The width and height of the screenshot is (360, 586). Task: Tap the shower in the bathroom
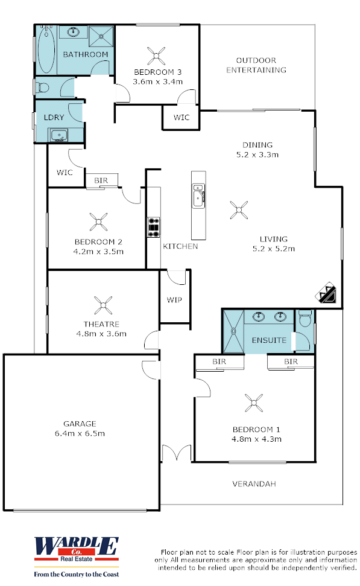(x=101, y=37)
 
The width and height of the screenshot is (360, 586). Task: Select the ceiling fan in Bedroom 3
(x=156, y=56)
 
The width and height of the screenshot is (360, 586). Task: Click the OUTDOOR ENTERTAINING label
(x=256, y=65)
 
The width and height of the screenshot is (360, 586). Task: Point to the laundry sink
(x=58, y=135)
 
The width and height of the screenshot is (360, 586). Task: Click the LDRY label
(x=54, y=117)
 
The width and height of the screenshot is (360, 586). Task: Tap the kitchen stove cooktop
(x=154, y=227)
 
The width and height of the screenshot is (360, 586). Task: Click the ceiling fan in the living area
(x=239, y=210)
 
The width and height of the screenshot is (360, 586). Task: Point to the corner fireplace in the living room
(x=326, y=293)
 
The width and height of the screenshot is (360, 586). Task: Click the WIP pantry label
(x=174, y=300)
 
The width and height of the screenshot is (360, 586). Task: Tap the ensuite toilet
(x=305, y=318)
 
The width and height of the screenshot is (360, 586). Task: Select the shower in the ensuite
(x=233, y=331)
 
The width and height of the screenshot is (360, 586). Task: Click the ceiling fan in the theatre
(x=103, y=305)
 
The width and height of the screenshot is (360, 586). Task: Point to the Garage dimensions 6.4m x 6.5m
(x=80, y=433)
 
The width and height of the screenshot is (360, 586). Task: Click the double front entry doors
(x=177, y=453)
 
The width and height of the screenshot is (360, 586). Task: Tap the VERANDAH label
(x=254, y=484)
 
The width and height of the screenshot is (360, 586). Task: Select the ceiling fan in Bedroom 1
(x=254, y=403)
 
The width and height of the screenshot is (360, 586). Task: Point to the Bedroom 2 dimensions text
(x=98, y=252)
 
